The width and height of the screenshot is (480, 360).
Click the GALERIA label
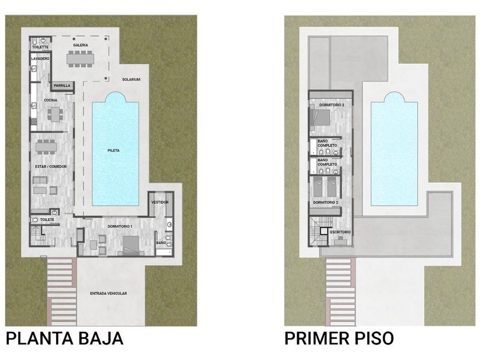pos(81,45)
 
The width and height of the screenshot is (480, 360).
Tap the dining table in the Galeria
pos(80,58)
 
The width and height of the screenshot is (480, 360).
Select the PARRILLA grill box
pos(62,86)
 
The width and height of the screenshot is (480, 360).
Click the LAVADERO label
pos(40,58)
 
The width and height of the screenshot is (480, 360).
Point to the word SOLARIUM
pos(131,79)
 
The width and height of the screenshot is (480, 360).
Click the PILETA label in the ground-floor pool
pos(114,150)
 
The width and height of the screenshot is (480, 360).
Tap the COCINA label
pos(50,100)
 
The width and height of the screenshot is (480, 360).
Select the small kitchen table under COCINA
pos(55,114)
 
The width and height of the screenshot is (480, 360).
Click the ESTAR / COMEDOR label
pos(51,166)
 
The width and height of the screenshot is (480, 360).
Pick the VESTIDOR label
pos(160,202)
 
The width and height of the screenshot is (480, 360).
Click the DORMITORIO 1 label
pos(119,226)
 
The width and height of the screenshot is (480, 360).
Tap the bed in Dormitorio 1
pos(131,246)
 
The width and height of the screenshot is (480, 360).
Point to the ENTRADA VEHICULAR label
pos(109,293)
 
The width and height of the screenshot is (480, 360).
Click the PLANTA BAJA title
pos(65,338)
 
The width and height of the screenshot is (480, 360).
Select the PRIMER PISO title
pos(339,338)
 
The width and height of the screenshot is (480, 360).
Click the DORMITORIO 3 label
pos(331,105)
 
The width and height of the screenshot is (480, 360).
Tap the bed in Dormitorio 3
pos(320,118)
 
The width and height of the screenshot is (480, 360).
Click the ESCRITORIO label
pos(341,232)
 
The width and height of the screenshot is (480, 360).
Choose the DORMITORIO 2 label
pos(325,202)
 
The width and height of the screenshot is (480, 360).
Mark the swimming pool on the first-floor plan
pos(394,149)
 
